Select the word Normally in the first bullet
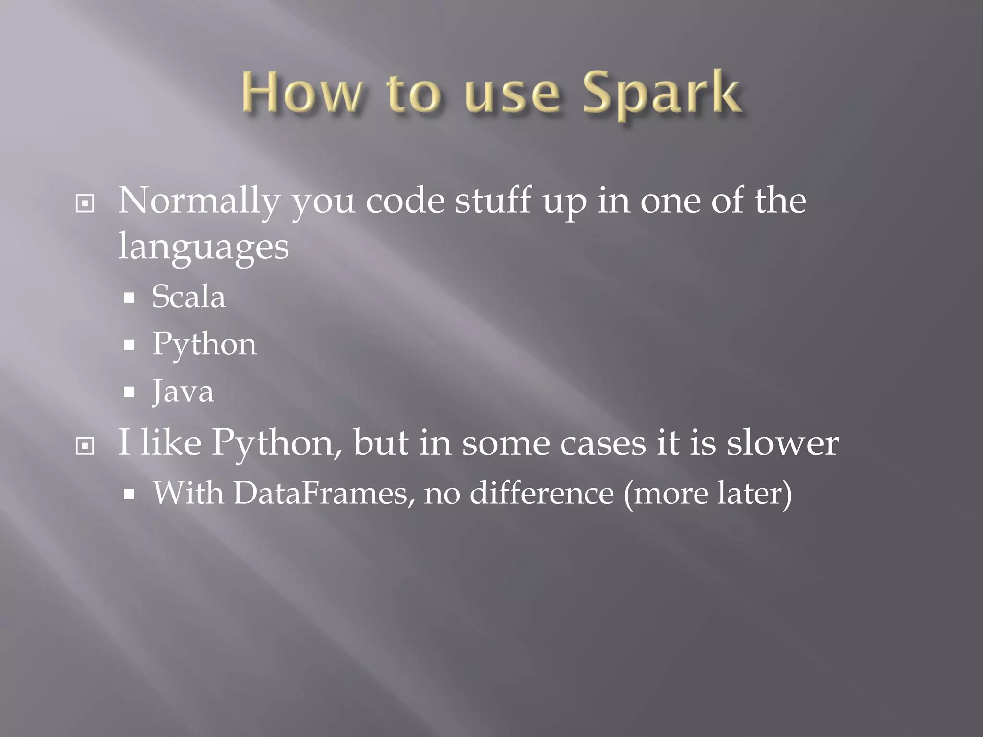[198, 201]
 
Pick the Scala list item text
[188, 297]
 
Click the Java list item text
[183, 391]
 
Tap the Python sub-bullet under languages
[204, 345]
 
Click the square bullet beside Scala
[129, 298]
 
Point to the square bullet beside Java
[129, 392]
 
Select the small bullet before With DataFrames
[129, 494]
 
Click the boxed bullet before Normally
[85, 204]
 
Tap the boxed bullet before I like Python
[85, 446]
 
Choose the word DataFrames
[321, 493]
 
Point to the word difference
[541, 493]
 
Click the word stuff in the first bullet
[493, 201]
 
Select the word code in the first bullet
[405, 201]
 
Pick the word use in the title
[512, 94]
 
